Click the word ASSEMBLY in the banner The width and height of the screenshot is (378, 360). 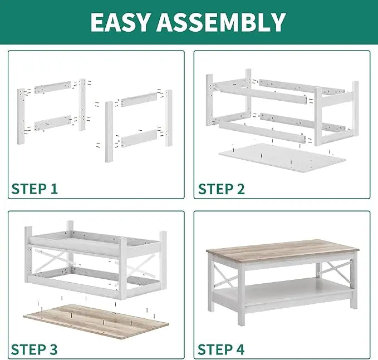pos(222,22)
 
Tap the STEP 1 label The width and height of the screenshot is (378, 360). pos(35,189)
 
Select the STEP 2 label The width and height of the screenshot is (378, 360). pos(222,189)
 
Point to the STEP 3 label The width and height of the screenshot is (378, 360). pos(34,349)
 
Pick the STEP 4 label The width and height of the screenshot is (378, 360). pos(221,349)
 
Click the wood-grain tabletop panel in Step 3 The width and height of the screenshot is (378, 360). pos(96,321)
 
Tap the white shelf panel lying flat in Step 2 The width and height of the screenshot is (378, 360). pos(282,157)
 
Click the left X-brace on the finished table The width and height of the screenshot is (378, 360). pos(224,275)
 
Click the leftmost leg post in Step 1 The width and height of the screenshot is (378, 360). pos(21,116)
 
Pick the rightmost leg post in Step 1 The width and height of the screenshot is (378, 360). pos(169,118)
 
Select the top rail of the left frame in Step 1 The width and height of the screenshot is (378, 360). pos(52,88)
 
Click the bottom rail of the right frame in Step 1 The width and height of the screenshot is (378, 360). pos(139,139)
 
